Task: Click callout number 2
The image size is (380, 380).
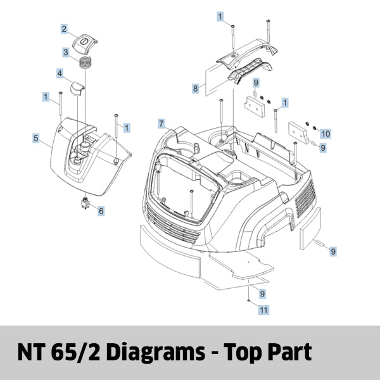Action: [64, 28]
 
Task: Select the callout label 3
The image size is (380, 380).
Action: [65, 52]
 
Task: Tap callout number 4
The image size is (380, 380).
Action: [59, 74]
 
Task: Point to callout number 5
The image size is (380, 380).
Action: [36, 137]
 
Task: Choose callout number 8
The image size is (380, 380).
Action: [196, 89]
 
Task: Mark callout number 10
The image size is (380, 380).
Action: [326, 134]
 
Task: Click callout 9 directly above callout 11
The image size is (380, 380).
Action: [262, 293]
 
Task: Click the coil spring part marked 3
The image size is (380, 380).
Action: [85, 63]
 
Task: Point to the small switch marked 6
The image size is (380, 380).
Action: [84, 204]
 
